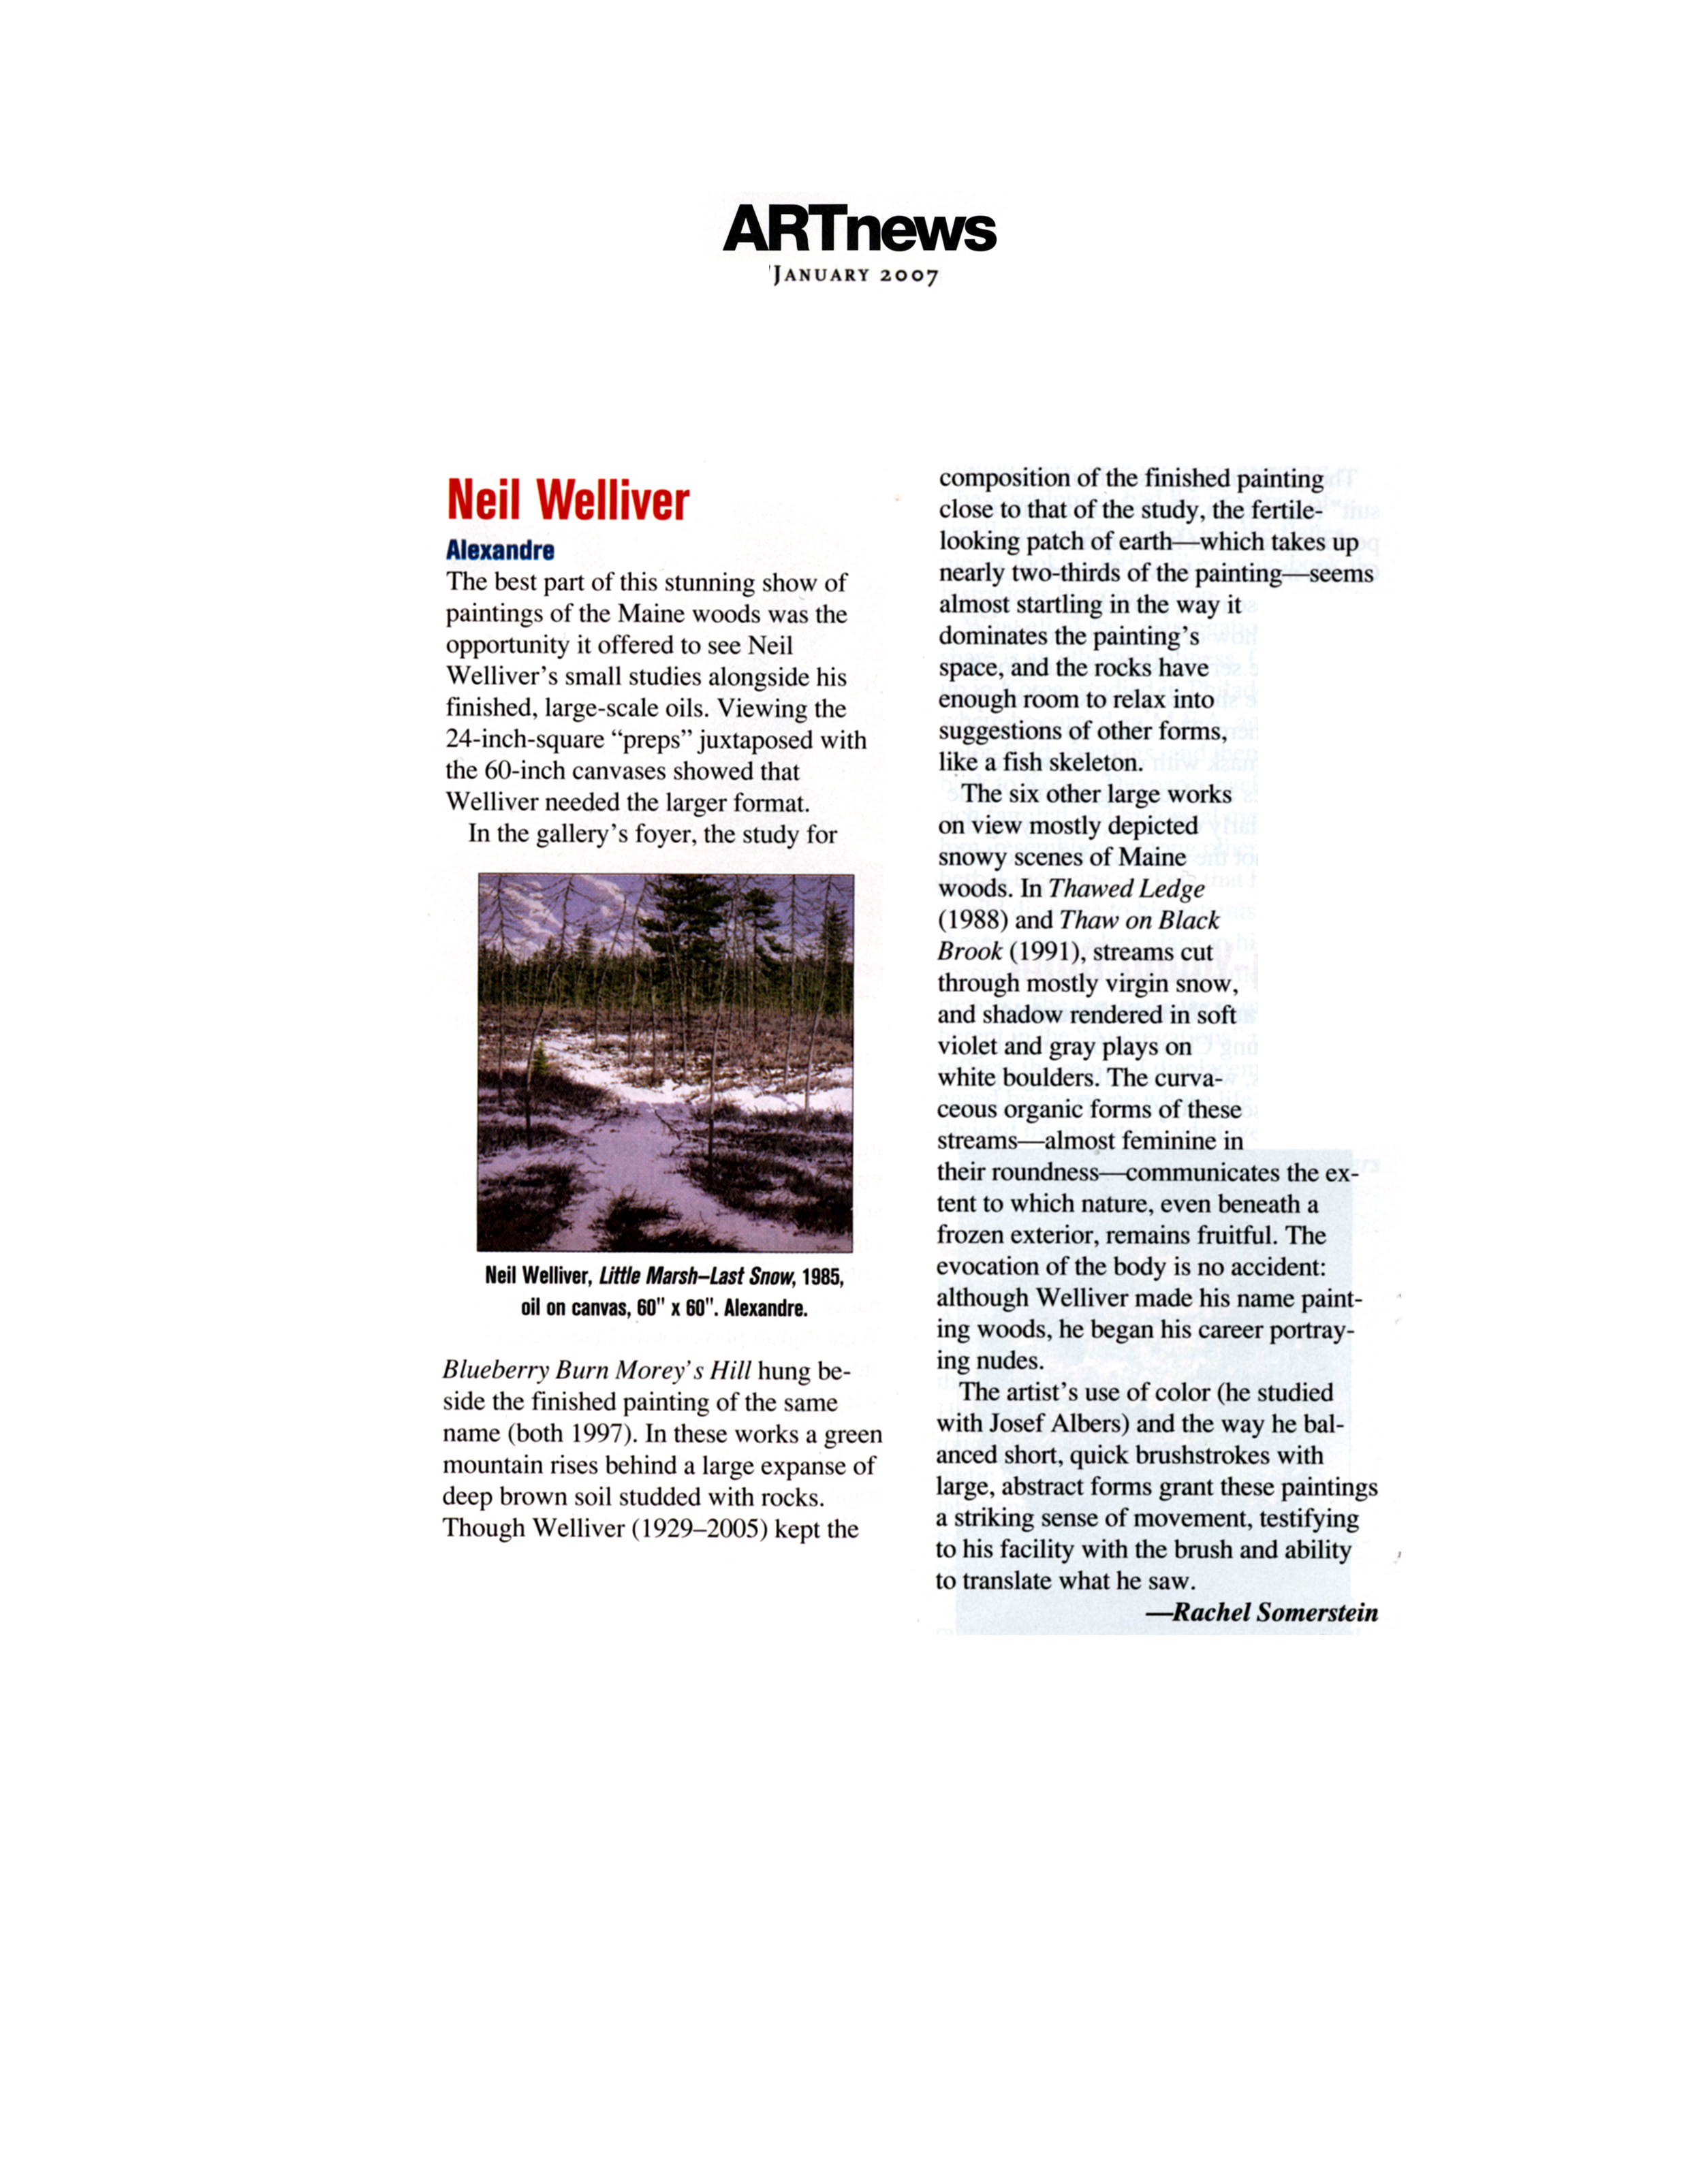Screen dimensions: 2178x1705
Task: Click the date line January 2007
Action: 856,276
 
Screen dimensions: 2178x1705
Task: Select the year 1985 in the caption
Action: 824,1277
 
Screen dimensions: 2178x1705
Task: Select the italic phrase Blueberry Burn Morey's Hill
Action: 597,1370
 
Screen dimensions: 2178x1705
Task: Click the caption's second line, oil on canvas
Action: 664,1308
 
